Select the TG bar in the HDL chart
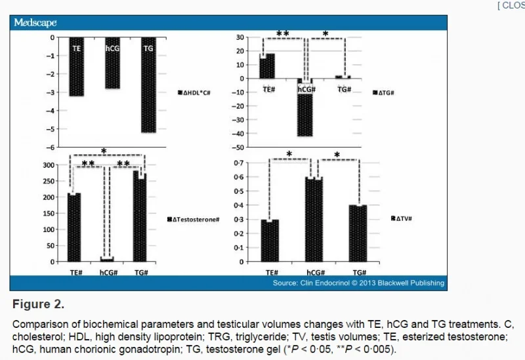coord(149,85)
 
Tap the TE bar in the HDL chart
coord(76,66)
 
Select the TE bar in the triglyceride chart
coord(267,66)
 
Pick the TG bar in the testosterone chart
coord(140,216)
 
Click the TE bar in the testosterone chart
coord(73,227)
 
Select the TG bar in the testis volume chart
coord(358,233)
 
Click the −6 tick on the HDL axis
coord(52,148)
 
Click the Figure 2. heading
coord(39,305)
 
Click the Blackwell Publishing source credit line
coord(358,283)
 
